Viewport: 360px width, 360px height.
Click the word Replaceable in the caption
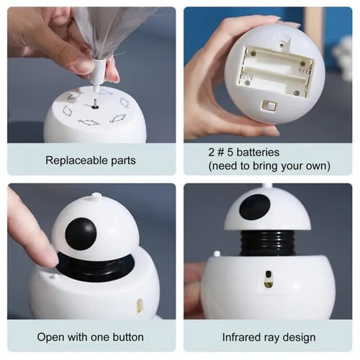(76, 161)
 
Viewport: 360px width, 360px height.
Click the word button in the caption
(128, 337)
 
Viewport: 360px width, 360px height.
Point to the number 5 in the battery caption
(230, 153)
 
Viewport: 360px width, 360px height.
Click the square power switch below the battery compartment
(269, 106)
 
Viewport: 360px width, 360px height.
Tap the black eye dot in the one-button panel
(81, 233)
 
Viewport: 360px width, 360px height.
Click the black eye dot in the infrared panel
(255, 207)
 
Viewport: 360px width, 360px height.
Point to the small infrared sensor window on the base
(269, 279)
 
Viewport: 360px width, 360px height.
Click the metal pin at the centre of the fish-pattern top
(94, 104)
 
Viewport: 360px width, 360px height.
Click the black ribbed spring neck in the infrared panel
(267, 243)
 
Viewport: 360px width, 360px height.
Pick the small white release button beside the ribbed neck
(217, 253)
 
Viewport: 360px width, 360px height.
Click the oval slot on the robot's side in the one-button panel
(139, 306)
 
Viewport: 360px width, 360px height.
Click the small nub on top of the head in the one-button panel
(96, 195)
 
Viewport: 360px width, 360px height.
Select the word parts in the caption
(123, 161)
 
